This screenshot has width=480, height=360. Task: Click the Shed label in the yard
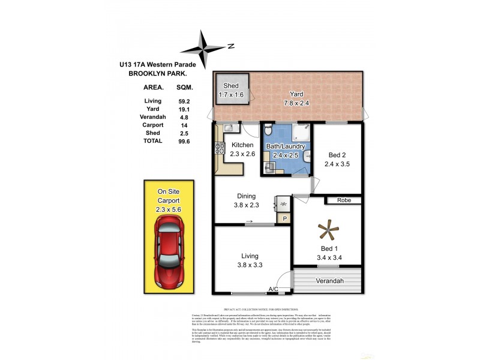[226, 86]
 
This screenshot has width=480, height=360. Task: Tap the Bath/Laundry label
[286, 146]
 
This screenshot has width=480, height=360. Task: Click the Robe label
[343, 200]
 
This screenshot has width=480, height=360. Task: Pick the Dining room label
[247, 196]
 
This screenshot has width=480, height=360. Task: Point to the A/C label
[273, 290]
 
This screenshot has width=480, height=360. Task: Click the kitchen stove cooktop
[219, 150]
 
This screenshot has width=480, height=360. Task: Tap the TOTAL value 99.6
[184, 141]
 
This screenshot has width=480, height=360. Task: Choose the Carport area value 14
[184, 125]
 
